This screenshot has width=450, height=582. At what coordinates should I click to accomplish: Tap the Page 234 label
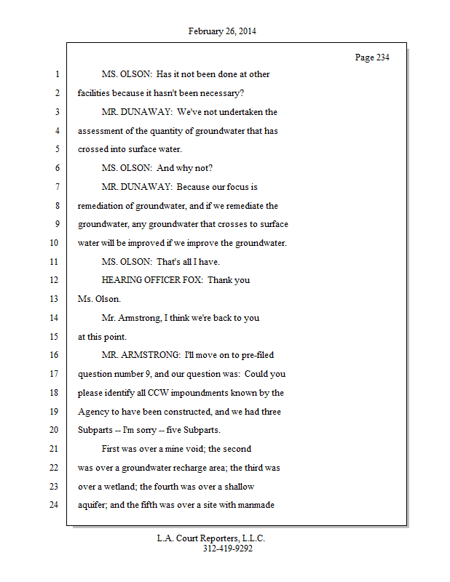(x=372, y=57)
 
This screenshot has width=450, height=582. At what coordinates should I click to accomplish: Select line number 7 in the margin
(x=56, y=187)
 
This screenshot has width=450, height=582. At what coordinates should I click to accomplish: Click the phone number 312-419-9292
(x=228, y=549)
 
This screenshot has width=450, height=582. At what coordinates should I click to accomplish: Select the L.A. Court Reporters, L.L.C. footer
(x=211, y=538)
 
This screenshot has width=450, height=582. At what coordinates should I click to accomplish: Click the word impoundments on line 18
(x=186, y=393)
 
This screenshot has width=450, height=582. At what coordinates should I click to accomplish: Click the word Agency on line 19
(x=93, y=412)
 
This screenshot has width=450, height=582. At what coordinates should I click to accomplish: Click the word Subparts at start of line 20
(x=95, y=430)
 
